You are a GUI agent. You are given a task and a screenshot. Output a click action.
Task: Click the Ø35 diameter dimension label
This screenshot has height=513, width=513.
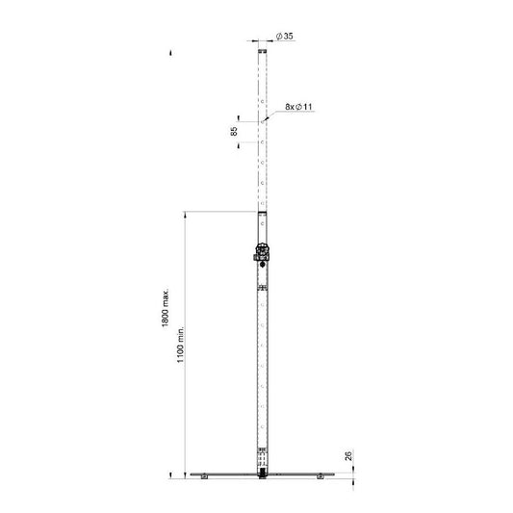(x=284, y=36)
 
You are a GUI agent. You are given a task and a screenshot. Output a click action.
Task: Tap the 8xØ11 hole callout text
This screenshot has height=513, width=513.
(x=298, y=107)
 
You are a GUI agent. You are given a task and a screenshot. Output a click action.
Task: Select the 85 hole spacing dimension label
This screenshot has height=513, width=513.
(x=234, y=132)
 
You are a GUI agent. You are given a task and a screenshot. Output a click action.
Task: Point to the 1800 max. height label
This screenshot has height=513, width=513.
(x=166, y=308)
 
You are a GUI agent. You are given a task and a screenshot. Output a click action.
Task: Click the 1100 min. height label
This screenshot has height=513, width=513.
(x=181, y=344)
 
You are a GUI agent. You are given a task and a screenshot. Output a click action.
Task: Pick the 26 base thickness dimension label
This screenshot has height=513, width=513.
(x=348, y=456)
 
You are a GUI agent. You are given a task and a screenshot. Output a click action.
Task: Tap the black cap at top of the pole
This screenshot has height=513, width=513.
(x=262, y=51)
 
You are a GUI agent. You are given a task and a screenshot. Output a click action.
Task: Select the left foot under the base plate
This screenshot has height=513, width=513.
(x=204, y=476)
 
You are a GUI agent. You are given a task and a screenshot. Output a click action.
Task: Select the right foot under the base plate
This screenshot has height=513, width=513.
(x=320, y=476)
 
